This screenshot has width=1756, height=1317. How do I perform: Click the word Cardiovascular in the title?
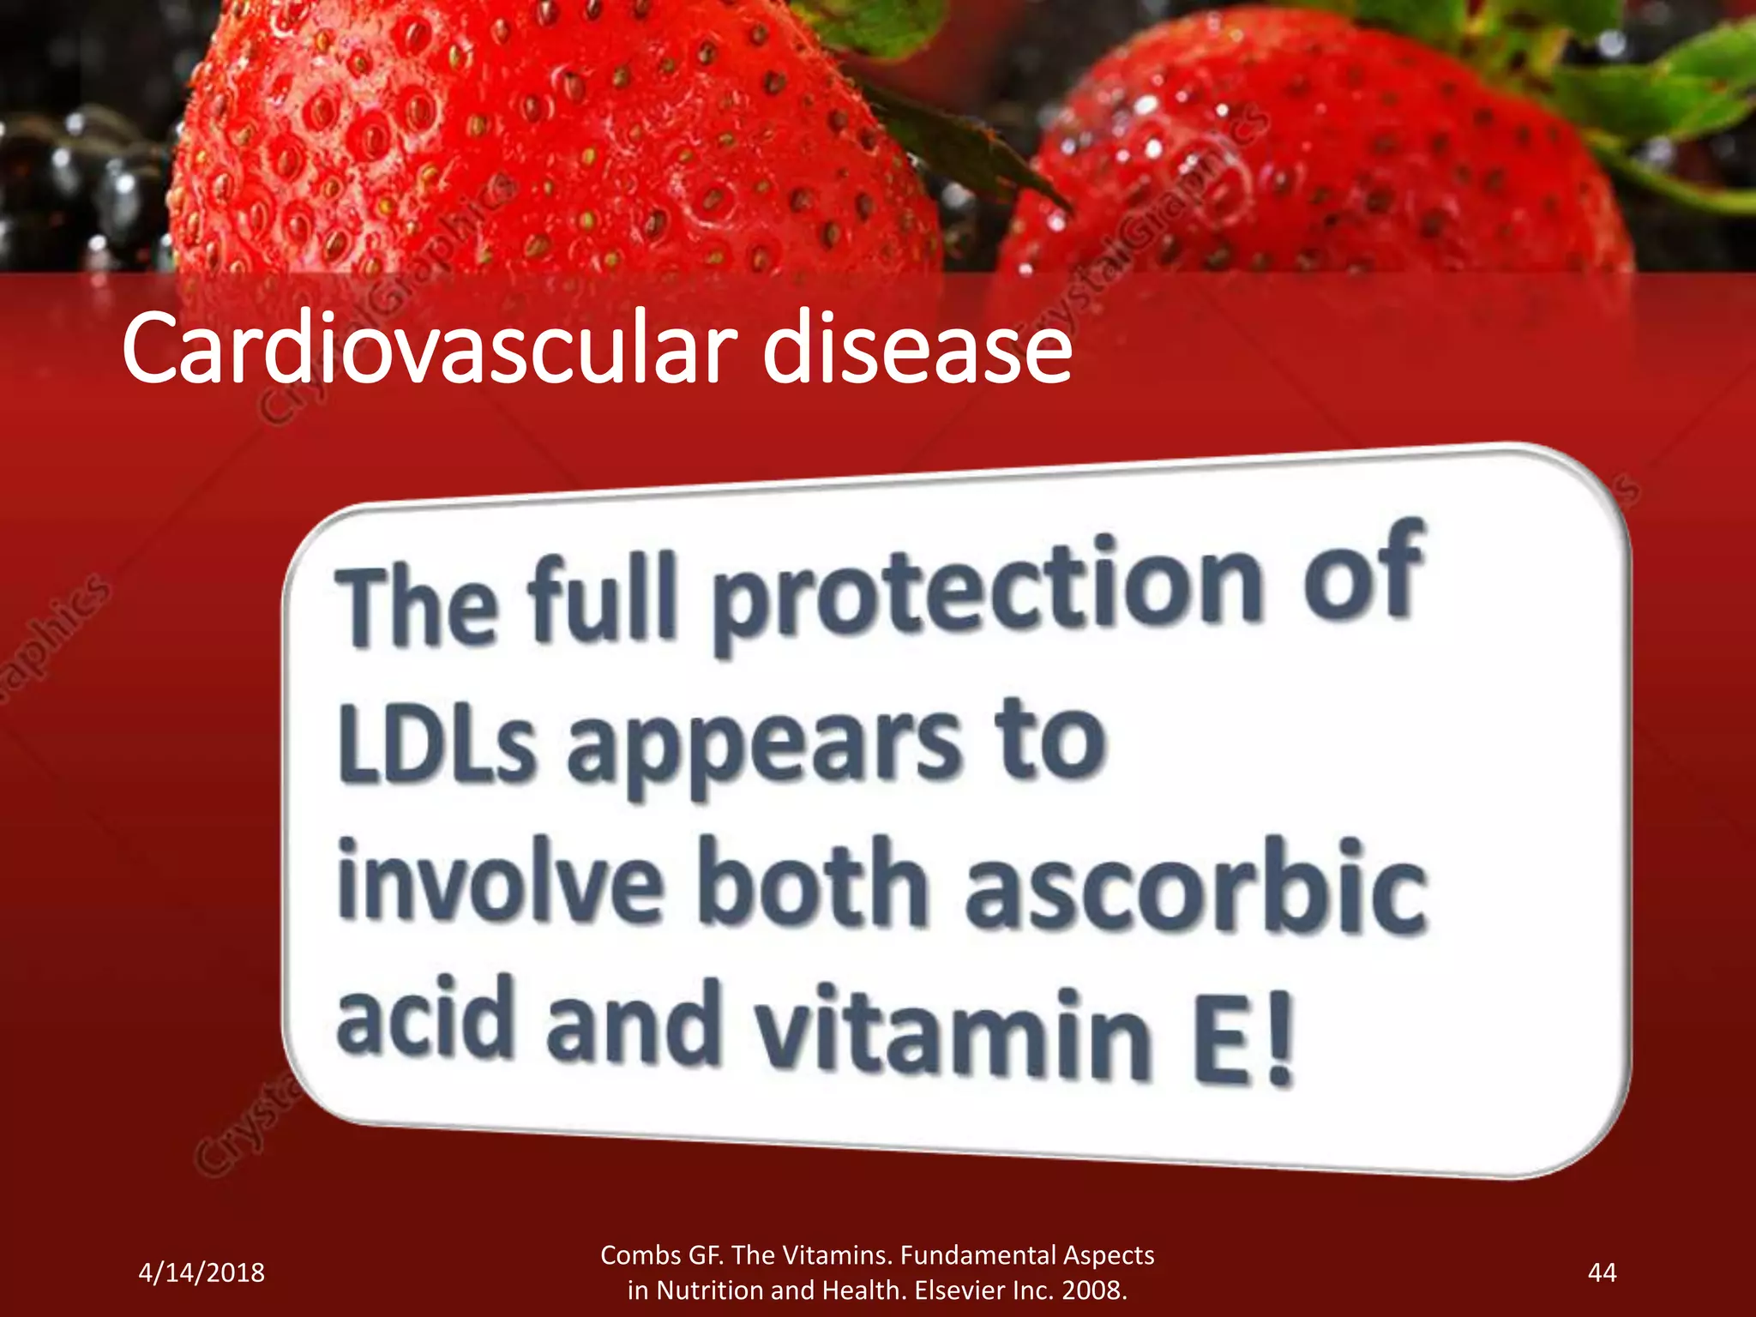click(429, 350)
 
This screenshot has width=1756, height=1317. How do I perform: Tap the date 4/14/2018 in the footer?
click(201, 1272)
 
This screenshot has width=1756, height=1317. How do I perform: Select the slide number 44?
click(1602, 1272)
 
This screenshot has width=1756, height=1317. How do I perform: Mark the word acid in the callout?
click(424, 1020)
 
